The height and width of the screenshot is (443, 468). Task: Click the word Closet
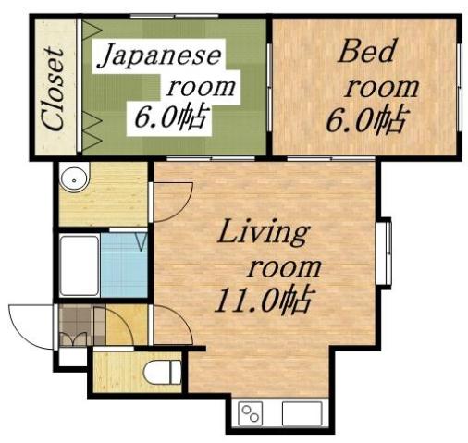tap(54, 89)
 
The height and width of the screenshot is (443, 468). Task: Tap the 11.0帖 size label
tap(264, 300)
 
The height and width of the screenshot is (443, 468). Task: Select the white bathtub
tap(78, 265)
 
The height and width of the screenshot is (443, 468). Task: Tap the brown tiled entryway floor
tap(80, 325)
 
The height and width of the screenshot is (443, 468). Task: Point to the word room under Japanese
tap(198, 88)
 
